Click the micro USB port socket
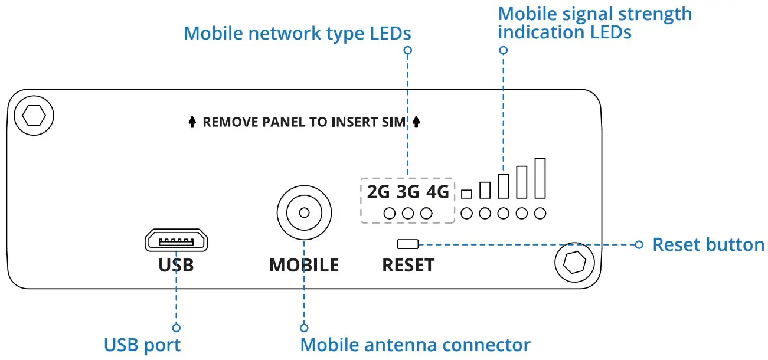[176, 241]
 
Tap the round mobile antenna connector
[304, 212]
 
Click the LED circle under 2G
[390, 214]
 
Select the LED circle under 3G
[408, 214]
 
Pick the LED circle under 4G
[426, 214]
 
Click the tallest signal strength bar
[540, 178]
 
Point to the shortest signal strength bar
[467, 194]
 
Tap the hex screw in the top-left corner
[32, 115]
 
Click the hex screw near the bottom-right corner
[574, 261]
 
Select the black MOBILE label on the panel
[304, 265]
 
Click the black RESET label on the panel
[408, 265]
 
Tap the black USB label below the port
[176, 265]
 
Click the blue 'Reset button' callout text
[708, 244]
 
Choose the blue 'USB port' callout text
[142, 345]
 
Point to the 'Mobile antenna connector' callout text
[416, 345]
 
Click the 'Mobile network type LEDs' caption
[298, 33]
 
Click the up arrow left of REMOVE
[192, 122]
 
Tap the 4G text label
[437, 192]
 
